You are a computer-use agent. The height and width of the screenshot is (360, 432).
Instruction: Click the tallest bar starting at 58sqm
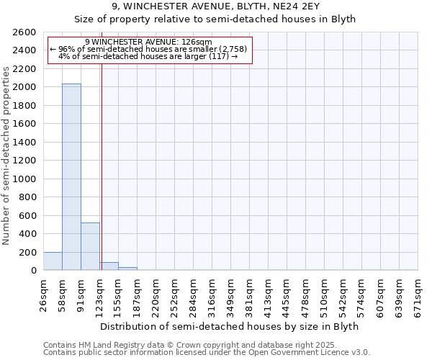(71, 177)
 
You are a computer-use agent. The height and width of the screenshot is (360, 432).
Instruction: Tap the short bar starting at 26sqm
(53, 261)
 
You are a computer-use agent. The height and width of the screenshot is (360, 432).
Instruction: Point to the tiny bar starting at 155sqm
(127, 269)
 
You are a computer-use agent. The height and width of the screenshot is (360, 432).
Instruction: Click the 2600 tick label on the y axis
(25, 32)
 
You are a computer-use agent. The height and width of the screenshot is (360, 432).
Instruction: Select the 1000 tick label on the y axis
(25, 179)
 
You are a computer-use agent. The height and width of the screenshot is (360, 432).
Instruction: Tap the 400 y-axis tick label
(28, 234)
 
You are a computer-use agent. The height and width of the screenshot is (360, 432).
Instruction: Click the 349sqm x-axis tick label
(231, 292)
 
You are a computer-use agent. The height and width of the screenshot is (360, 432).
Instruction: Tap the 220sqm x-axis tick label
(156, 292)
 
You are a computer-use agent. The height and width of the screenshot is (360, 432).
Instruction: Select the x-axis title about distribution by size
(230, 326)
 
